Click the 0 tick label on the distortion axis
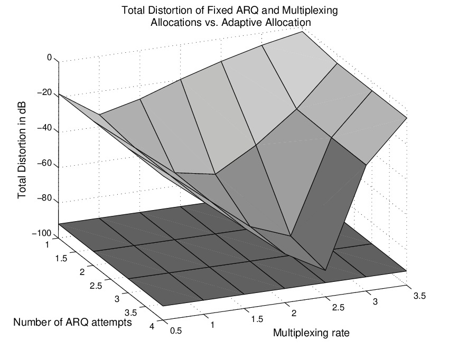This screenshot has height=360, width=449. point(49,58)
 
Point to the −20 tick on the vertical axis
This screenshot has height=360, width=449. point(45,93)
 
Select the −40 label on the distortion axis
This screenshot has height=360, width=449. point(45,128)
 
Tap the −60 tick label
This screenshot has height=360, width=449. point(45,164)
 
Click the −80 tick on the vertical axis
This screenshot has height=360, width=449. point(45,198)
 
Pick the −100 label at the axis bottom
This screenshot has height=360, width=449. point(42,233)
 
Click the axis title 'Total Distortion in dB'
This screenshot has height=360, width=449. point(22,150)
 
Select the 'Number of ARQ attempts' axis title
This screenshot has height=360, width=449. point(72,322)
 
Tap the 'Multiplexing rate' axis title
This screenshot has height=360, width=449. point(311,333)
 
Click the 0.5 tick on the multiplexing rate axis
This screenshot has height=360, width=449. point(176,331)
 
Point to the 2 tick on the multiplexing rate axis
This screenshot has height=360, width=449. point(294,313)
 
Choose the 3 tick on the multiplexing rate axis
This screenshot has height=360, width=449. point(375,301)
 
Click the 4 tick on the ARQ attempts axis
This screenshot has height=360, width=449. point(152,326)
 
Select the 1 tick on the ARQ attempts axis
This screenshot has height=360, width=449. point(48,245)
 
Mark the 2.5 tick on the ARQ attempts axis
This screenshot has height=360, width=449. point(96,286)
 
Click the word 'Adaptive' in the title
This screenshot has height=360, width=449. point(242,23)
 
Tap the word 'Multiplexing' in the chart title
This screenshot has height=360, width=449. point(310,11)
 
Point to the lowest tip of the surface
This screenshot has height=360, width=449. point(325,270)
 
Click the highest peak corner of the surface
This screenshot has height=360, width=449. point(302,32)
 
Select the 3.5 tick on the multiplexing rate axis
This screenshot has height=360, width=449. point(419,296)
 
